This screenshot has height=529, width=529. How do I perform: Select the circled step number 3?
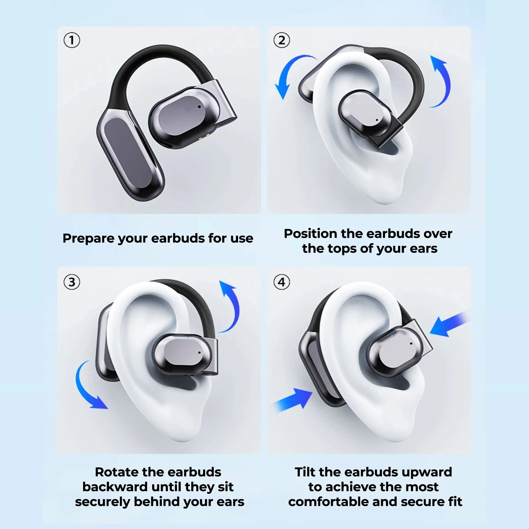(72, 282)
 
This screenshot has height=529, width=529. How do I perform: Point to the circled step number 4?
(281, 282)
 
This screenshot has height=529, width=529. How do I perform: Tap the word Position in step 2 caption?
(310, 234)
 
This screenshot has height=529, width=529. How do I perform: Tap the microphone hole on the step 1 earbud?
(199, 107)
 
